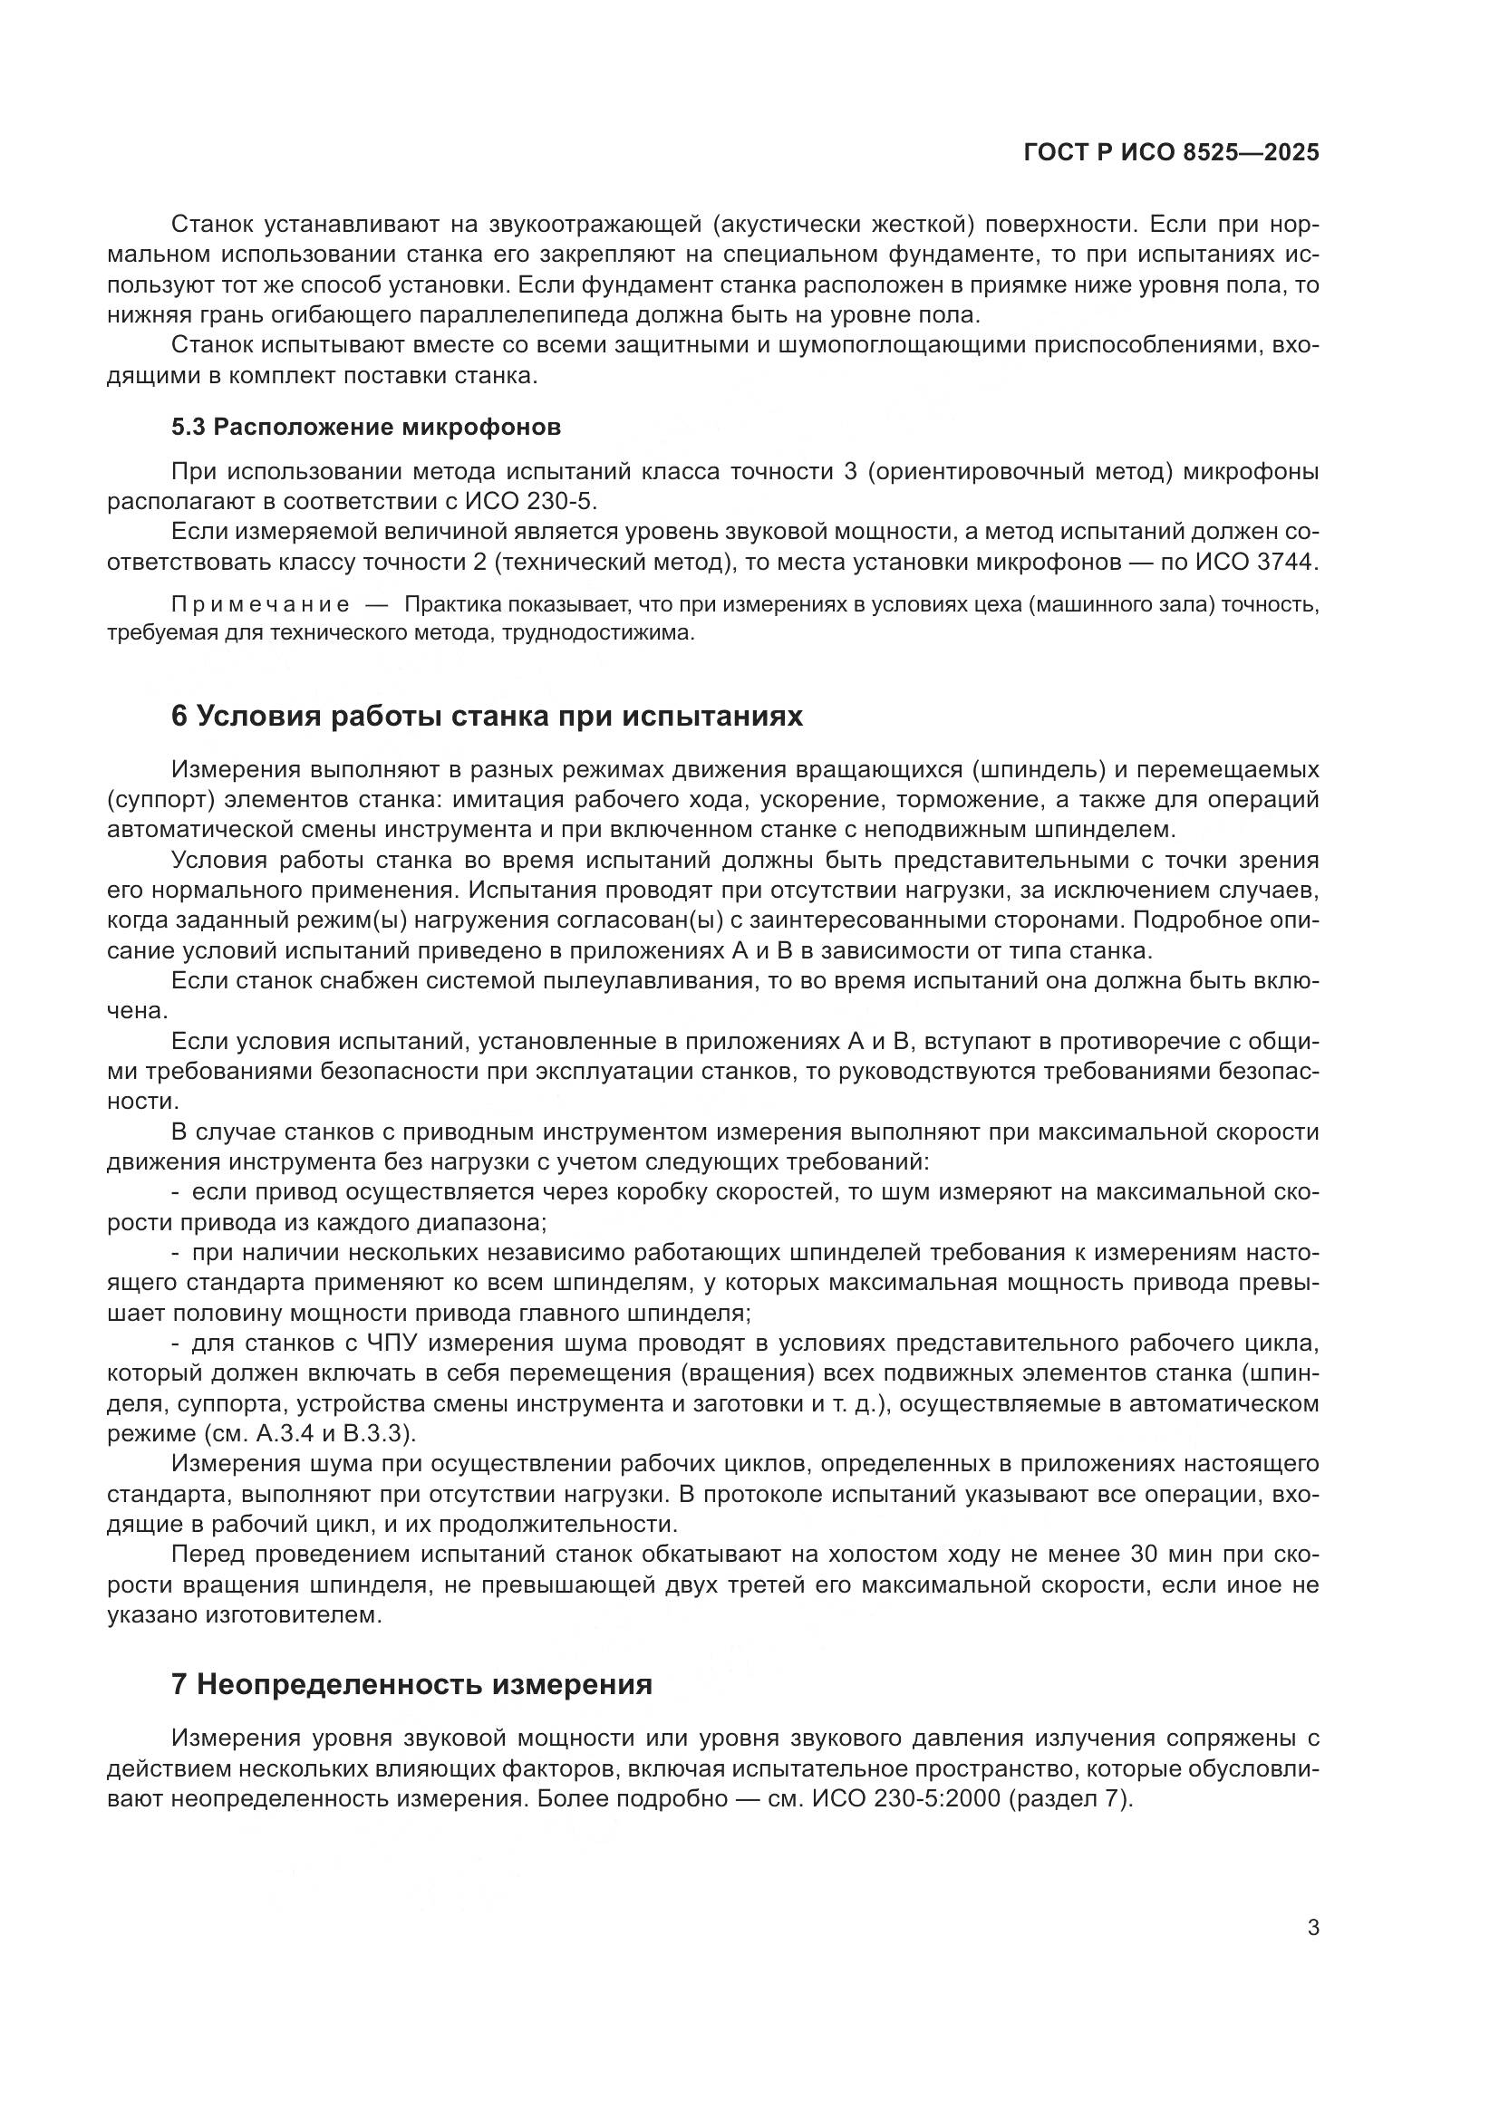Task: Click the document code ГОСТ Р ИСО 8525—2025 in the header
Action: (1171, 153)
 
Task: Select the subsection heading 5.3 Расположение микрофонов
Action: (365, 428)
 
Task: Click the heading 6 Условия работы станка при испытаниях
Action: (487, 717)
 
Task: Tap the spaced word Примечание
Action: (260, 604)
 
